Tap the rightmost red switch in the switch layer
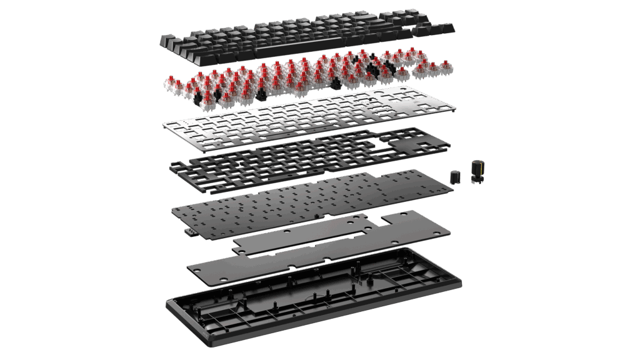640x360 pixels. tap(446, 67)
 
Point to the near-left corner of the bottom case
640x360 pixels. tap(170, 306)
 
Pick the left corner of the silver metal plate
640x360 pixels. tap(164, 124)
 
